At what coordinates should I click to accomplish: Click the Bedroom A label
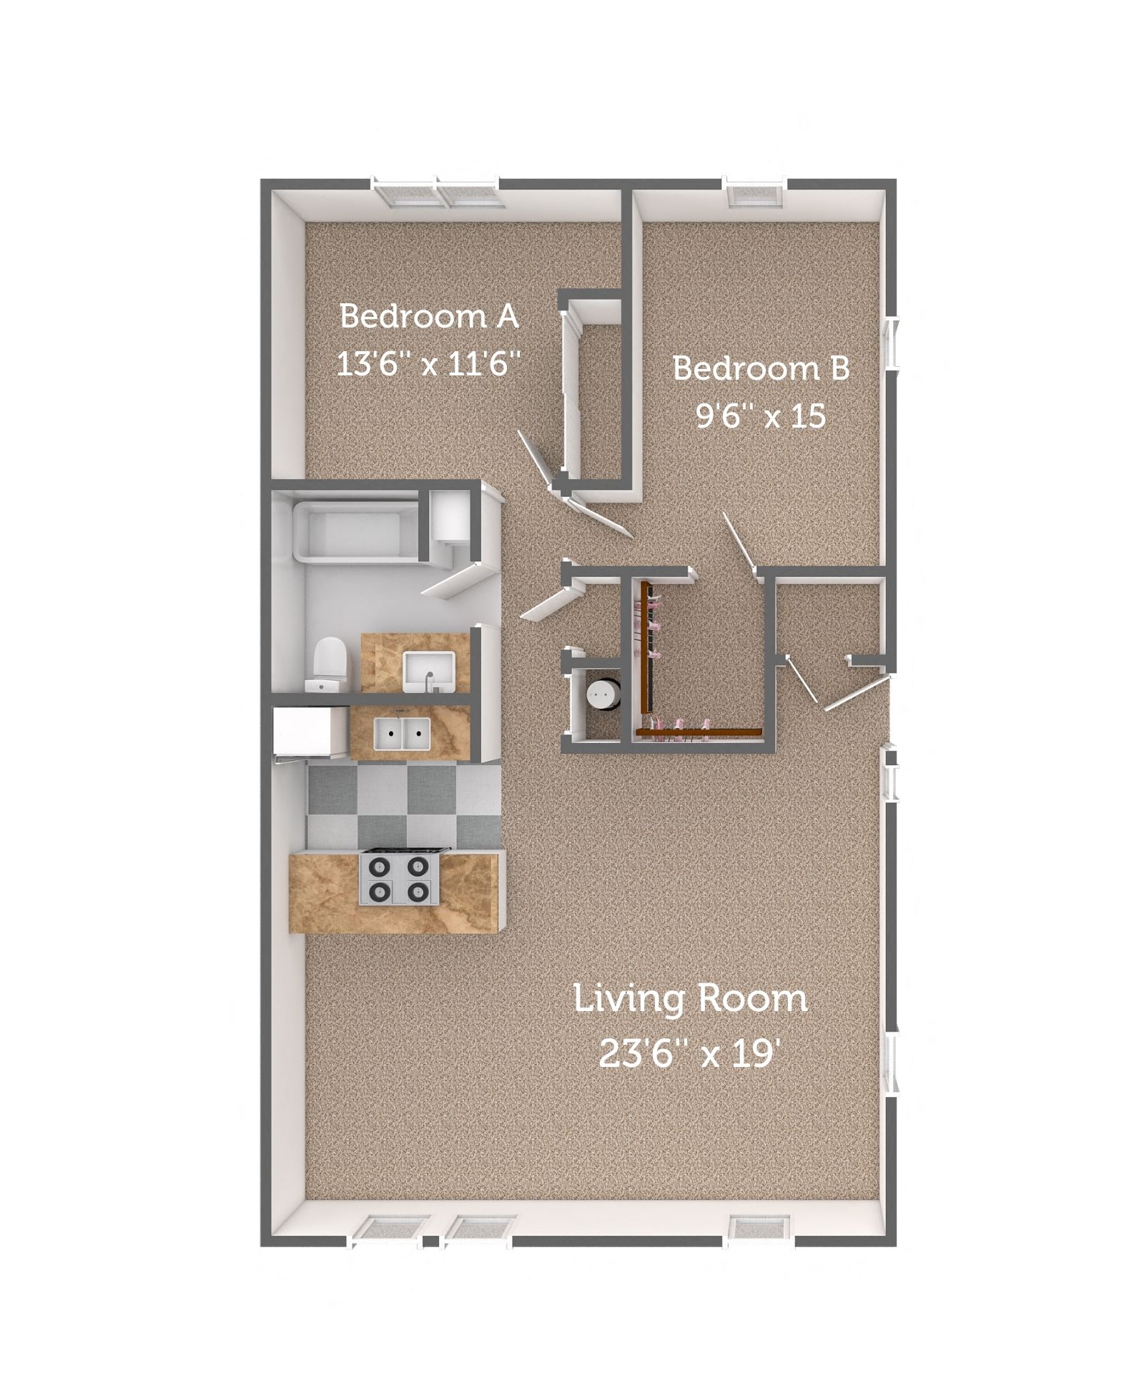click(x=428, y=315)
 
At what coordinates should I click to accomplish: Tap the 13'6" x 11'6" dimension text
click(x=427, y=365)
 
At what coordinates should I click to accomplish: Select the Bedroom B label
click(x=761, y=369)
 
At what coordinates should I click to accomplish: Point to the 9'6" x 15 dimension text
click(x=761, y=415)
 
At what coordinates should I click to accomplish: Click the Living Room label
click(x=690, y=999)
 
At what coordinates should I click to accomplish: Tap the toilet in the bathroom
click(x=330, y=663)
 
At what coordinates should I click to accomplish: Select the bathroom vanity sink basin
click(x=427, y=671)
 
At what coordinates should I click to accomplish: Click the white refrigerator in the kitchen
click(x=304, y=731)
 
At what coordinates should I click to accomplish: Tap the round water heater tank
click(x=602, y=694)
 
